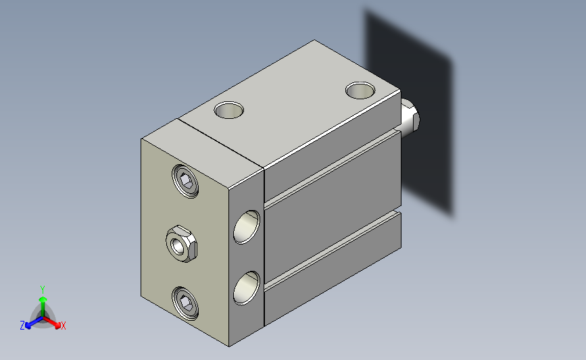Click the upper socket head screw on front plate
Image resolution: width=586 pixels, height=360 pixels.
click(x=185, y=181)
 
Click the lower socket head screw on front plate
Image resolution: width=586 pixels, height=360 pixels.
click(x=185, y=303)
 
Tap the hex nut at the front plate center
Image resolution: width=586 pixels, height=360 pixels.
click(x=181, y=244)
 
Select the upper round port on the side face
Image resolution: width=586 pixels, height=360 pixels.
click(x=247, y=227)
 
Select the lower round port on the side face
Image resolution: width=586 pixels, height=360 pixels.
click(x=247, y=288)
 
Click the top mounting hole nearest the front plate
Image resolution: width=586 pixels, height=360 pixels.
click(x=229, y=110)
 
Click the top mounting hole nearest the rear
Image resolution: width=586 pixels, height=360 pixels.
click(x=360, y=91)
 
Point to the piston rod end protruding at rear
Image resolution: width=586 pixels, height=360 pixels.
click(x=410, y=118)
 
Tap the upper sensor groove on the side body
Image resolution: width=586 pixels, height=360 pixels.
click(x=333, y=168)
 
